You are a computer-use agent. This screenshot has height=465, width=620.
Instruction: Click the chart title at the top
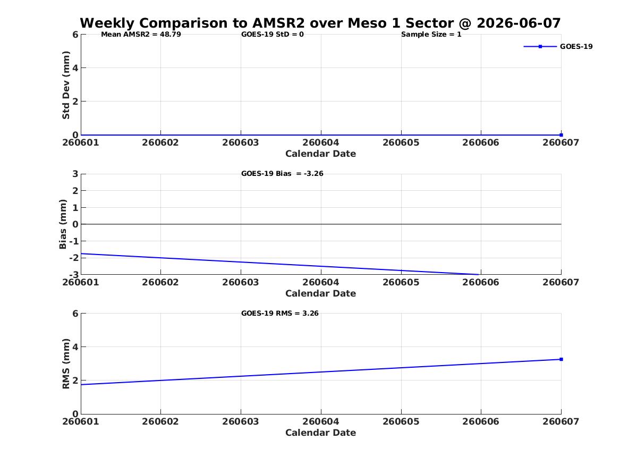[320, 23]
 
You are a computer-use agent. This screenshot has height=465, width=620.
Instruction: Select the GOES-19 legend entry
[558, 46]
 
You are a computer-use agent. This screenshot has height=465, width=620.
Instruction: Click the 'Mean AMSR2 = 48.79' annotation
[141, 35]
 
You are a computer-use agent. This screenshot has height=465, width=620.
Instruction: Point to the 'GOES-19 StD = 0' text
[273, 35]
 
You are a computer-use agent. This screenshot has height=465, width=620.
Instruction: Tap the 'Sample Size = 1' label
[431, 35]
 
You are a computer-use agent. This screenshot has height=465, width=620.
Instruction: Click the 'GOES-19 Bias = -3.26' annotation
[282, 174]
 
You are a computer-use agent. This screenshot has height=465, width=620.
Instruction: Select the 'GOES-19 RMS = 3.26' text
[280, 313]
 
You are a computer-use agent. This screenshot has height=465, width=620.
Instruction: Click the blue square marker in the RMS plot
[561, 359]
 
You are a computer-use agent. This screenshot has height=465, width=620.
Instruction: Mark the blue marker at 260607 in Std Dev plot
[561, 135]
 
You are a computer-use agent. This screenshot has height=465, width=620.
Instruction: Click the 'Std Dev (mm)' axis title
[66, 85]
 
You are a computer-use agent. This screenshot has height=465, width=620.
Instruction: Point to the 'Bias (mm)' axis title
[63, 224]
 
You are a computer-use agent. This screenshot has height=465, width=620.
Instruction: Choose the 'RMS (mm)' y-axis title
[66, 364]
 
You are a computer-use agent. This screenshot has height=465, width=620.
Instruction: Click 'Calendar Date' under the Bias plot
[321, 293]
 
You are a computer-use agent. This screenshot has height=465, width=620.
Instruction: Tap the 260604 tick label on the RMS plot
[321, 421]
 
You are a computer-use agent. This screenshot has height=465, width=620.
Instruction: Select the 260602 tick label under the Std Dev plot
[160, 143]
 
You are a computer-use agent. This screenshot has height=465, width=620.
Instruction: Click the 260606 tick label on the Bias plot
[481, 282]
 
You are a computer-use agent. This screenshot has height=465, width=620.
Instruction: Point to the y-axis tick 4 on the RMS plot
[75, 347]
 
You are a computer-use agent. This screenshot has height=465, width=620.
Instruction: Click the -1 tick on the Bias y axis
[74, 241]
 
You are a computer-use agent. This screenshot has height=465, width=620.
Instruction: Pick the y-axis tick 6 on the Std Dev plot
[75, 35]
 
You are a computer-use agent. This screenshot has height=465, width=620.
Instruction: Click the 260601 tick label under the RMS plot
[81, 421]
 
